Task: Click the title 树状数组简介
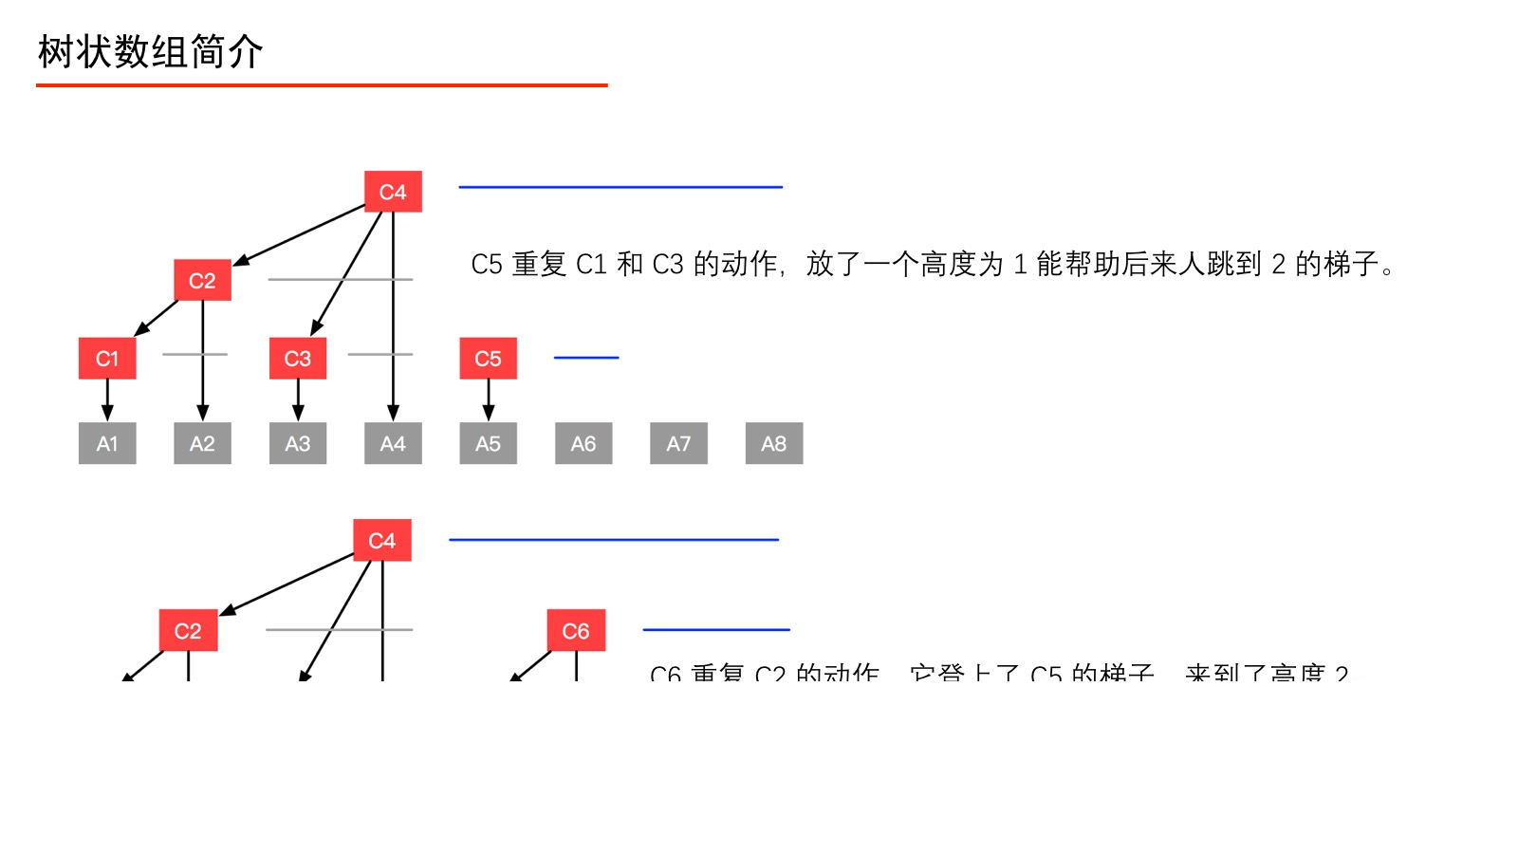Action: pyautogui.click(x=150, y=52)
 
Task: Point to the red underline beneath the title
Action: pyautogui.click(x=322, y=85)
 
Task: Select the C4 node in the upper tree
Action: pyautogui.click(x=393, y=192)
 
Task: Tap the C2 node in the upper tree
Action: pyautogui.click(x=202, y=281)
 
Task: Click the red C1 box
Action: pyautogui.click(x=107, y=359)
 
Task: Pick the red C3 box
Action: pyautogui.click(x=298, y=359)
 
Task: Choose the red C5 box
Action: pyautogui.click(x=488, y=359)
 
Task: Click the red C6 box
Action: pyautogui.click(x=576, y=631)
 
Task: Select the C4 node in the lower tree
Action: pyautogui.click(x=381, y=541)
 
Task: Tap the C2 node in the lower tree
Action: pyautogui.click(x=188, y=631)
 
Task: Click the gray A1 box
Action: pyautogui.click(x=107, y=443)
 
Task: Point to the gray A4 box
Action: pyautogui.click(x=393, y=443)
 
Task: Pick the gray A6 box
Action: pyautogui.click(x=583, y=443)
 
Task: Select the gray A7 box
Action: pyautogui.click(x=678, y=443)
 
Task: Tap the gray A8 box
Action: pyautogui.click(x=774, y=443)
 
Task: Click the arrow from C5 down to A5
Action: pyautogui.click(x=489, y=399)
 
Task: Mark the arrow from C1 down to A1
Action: pyautogui.click(x=107, y=399)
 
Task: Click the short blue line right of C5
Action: pyautogui.click(x=586, y=358)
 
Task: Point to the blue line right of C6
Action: pyautogui.click(x=716, y=629)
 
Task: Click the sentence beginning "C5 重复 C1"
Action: pyautogui.click(x=934, y=264)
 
